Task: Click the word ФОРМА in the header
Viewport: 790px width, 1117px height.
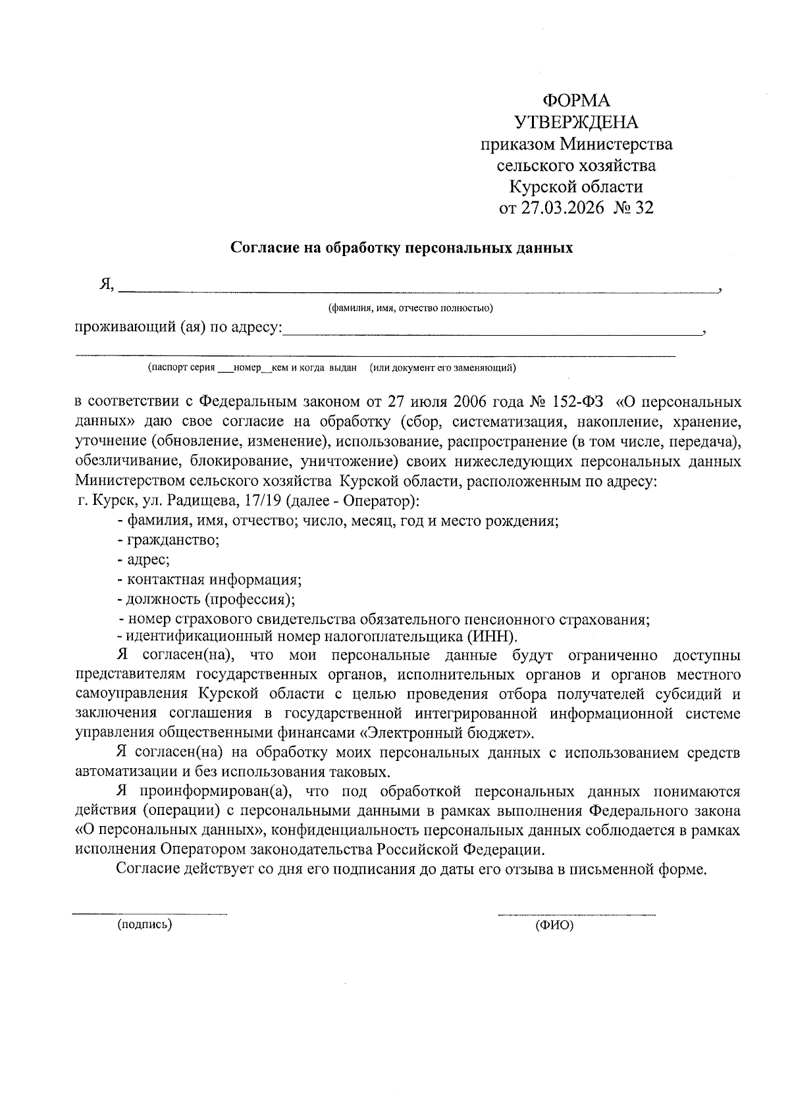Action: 576,101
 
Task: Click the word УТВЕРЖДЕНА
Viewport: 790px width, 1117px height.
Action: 576,122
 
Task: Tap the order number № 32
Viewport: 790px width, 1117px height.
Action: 635,209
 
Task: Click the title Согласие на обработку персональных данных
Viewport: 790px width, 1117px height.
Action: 402,248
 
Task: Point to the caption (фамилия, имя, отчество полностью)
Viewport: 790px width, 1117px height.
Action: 411,308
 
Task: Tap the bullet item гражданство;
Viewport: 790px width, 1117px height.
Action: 168,540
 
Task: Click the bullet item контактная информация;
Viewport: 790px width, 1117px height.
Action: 209,580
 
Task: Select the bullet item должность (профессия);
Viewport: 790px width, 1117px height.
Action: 205,600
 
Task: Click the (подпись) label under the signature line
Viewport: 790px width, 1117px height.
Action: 144,925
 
